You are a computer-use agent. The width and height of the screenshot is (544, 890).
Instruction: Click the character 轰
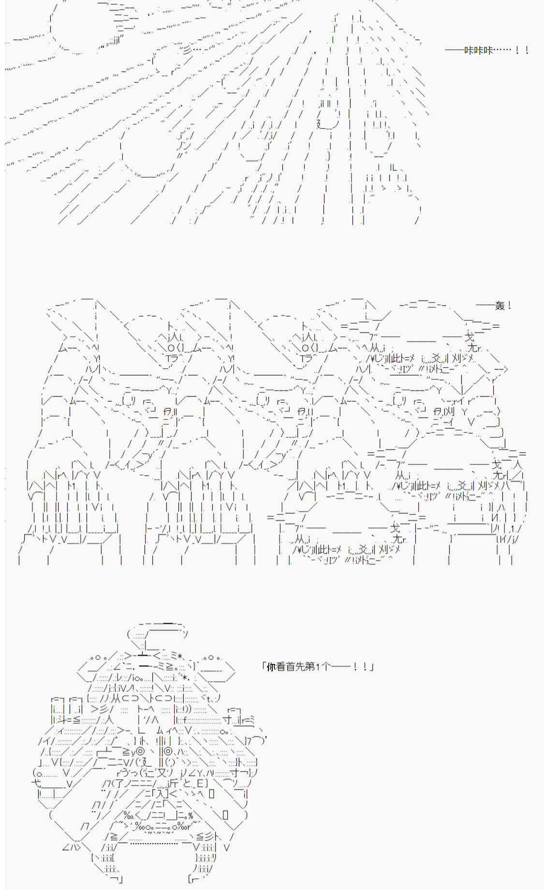(x=500, y=306)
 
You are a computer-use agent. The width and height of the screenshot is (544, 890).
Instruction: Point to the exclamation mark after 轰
(x=510, y=306)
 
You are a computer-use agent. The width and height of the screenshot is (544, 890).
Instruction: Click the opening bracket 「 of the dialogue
(x=264, y=666)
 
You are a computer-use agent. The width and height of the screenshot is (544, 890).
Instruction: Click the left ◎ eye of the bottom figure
(x=140, y=752)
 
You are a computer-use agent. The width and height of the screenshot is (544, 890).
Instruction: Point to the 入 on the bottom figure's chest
(x=162, y=793)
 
